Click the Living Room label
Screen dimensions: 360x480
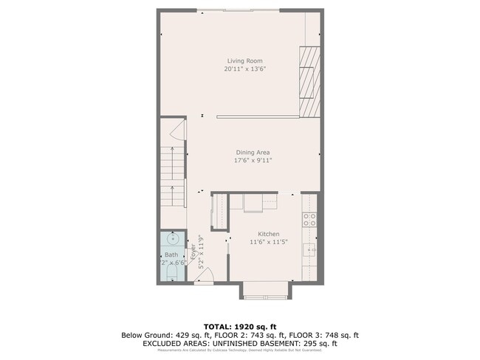tap(244, 61)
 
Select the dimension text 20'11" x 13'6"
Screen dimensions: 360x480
tap(244, 69)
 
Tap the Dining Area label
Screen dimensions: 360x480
tap(253, 152)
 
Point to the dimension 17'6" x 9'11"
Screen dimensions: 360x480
tap(253, 160)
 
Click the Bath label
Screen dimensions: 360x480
tap(171, 255)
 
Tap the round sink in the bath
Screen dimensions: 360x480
tap(173, 238)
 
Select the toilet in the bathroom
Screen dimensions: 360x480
tap(172, 274)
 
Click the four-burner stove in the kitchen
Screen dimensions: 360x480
tap(310, 219)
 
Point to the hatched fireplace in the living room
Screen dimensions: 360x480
tap(309, 81)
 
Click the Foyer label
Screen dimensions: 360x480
tap(193, 251)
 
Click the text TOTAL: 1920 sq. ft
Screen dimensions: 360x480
tap(240, 326)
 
